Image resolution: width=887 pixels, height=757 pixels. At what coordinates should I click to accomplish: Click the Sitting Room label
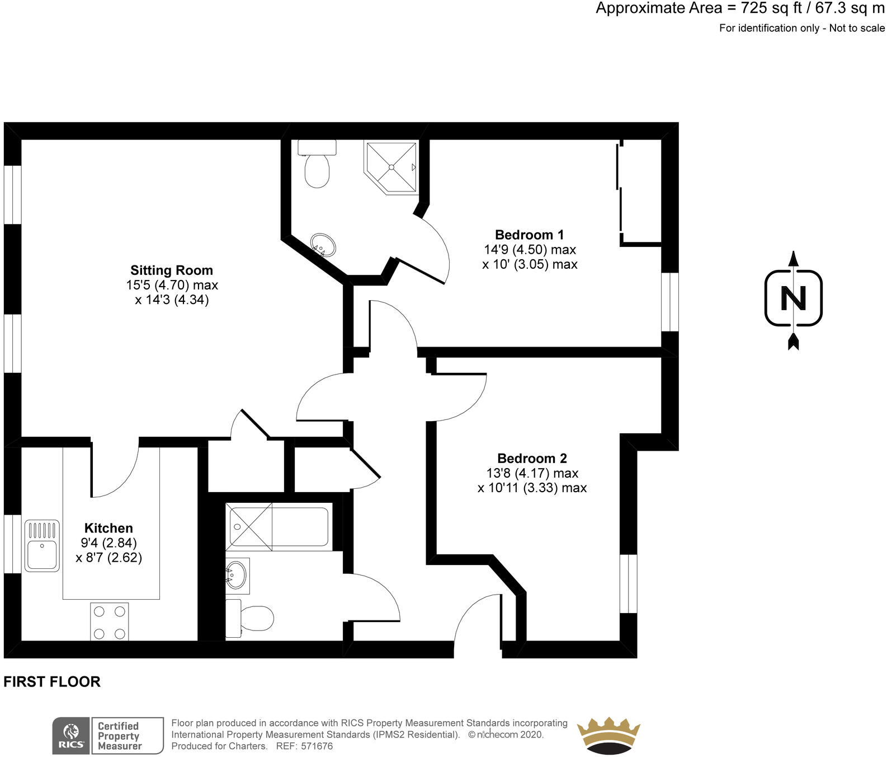pyautogui.click(x=172, y=270)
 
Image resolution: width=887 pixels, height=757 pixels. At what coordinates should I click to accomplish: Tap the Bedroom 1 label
pyautogui.click(x=530, y=235)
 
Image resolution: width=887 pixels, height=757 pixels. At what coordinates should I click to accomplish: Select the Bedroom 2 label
pyautogui.click(x=532, y=459)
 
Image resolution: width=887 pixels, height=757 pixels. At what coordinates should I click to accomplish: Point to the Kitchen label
pyautogui.click(x=108, y=528)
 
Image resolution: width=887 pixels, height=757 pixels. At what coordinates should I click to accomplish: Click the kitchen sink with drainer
pyautogui.click(x=42, y=546)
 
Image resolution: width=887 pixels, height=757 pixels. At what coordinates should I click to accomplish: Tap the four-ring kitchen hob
pyautogui.click(x=110, y=622)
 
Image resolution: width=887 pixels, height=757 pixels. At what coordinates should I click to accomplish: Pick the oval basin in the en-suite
pyautogui.click(x=323, y=245)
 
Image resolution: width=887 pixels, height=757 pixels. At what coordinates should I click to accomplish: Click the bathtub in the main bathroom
pyautogui.click(x=279, y=527)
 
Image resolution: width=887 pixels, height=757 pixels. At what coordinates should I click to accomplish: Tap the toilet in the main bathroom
pyautogui.click(x=249, y=619)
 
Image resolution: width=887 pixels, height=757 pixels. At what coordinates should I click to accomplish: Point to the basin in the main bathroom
pyautogui.click(x=237, y=575)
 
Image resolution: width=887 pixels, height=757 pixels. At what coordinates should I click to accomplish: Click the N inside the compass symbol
pyautogui.click(x=794, y=298)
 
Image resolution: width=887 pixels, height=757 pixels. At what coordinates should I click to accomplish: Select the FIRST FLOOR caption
pyautogui.click(x=52, y=681)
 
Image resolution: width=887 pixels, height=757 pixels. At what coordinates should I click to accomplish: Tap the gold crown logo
pyautogui.click(x=608, y=735)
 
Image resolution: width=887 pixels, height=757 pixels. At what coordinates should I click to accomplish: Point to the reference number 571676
pyautogui.click(x=317, y=746)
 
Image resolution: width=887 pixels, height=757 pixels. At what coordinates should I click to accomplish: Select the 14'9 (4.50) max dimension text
pyautogui.click(x=530, y=250)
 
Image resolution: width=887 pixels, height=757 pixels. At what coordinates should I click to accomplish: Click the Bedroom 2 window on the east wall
pyautogui.click(x=629, y=583)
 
